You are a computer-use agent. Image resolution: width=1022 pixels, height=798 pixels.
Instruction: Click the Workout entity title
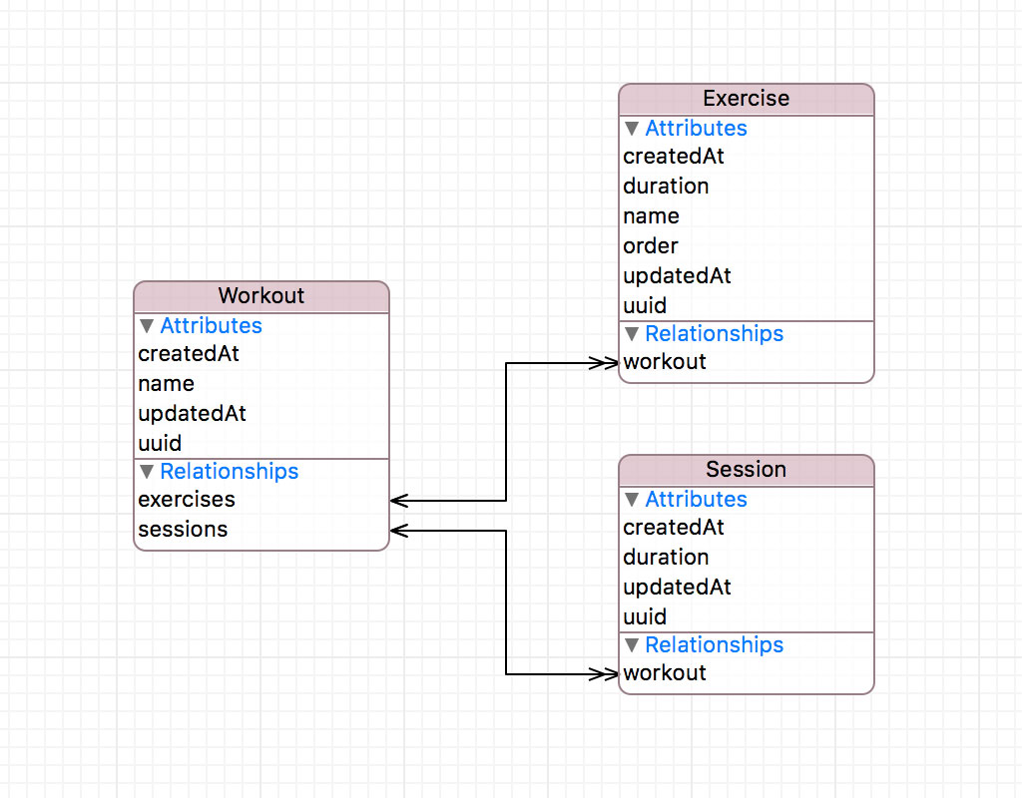coord(261,296)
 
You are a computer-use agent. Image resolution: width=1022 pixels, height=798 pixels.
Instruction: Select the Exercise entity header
coord(746,99)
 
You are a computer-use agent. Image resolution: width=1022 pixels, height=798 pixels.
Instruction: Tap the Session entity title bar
coord(746,470)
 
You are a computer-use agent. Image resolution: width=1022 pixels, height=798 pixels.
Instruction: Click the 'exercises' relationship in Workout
coord(187,500)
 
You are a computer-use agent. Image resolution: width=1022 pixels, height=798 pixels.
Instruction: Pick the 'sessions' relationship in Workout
coord(183,530)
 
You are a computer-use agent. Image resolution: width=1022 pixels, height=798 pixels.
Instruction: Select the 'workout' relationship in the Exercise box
coord(665,362)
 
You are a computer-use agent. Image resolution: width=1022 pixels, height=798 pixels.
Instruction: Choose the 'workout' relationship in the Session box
coord(665,673)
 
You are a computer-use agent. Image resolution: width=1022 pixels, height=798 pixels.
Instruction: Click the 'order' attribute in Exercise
coord(651,246)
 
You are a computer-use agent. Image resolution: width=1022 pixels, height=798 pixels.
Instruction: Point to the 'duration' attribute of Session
coord(666,558)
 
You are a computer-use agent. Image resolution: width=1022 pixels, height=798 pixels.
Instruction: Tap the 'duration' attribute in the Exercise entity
coord(666,187)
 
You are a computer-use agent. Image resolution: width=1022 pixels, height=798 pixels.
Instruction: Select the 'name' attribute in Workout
coord(166,384)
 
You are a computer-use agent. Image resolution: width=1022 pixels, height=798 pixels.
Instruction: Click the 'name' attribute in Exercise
coord(651,216)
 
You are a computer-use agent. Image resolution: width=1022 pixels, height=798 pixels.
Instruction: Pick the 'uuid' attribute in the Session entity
coord(645,617)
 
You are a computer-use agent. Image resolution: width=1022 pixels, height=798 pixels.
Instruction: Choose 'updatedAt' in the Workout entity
coord(192,414)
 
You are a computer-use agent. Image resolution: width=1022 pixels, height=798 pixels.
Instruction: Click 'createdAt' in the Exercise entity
coord(674,157)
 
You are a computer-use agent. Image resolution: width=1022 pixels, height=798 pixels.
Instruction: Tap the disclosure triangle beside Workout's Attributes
coord(147,326)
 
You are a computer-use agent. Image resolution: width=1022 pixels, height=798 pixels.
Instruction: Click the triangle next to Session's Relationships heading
coord(632,645)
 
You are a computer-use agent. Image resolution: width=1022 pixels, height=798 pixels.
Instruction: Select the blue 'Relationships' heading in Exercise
coord(714,334)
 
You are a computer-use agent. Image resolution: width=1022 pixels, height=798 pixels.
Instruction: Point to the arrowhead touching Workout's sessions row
coord(398,531)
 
